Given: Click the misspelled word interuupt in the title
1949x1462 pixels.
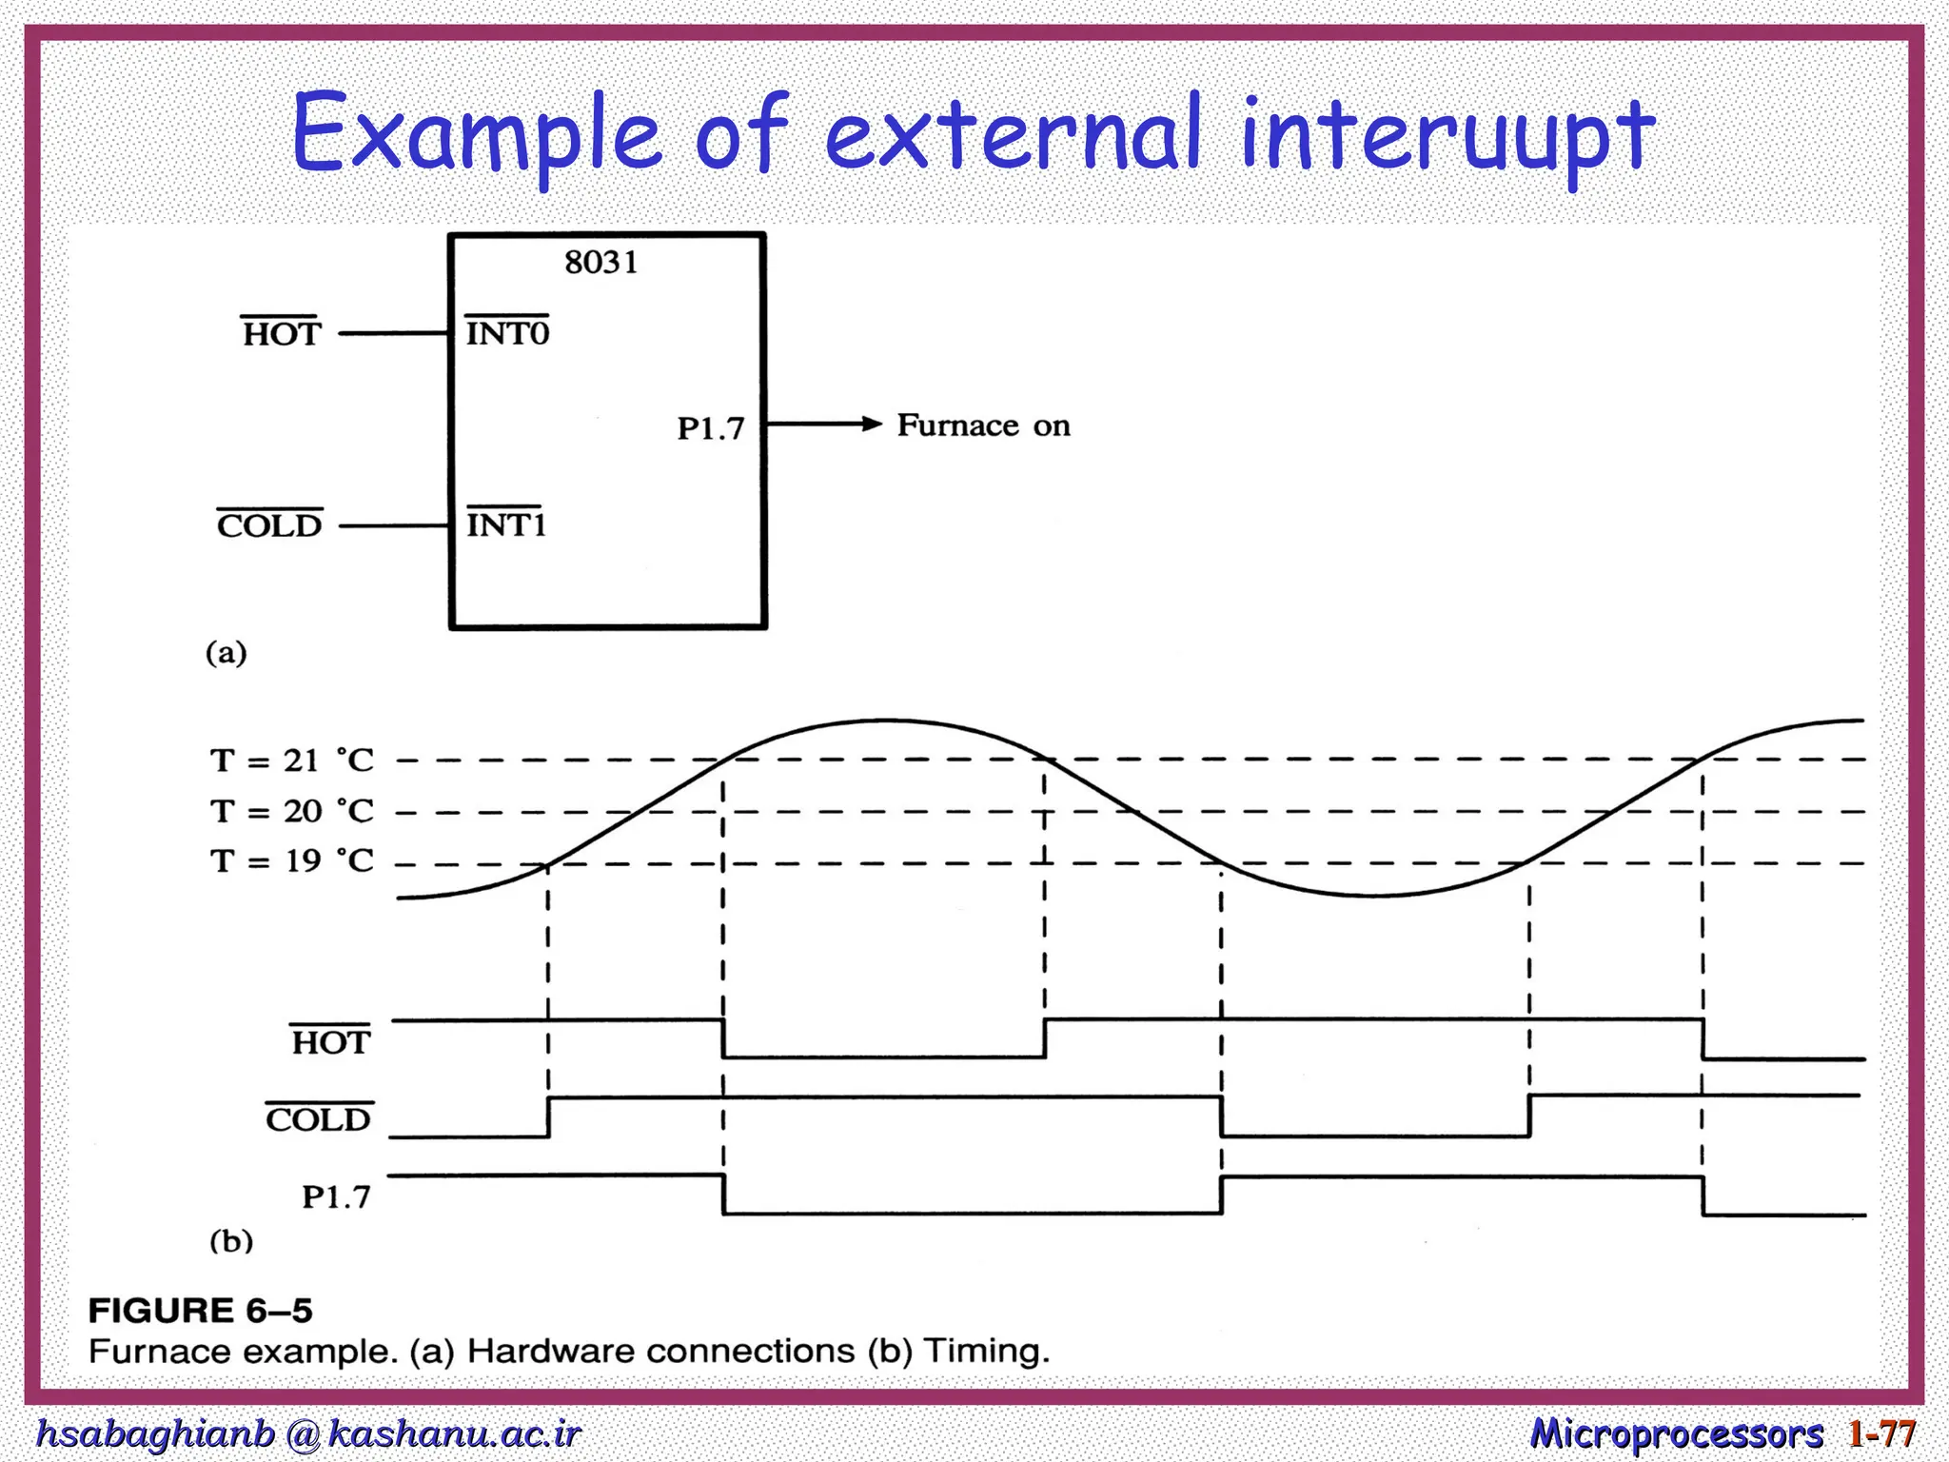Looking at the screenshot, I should [x=1447, y=135].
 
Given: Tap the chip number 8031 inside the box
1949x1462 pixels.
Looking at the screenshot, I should [x=600, y=262].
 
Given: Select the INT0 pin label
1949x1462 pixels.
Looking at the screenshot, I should [x=507, y=333].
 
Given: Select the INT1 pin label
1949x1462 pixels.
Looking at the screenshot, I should [x=505, y=524].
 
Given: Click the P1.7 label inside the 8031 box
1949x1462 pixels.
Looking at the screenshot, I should [x=710, y=428].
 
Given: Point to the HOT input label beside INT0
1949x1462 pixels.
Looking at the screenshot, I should [x=282, y=334].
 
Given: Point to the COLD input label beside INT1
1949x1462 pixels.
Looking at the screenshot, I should [x=269, y=525].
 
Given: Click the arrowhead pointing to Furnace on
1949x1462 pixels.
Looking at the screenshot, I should [x=871, y=424].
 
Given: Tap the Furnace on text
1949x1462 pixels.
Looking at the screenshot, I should [x=983, y=425].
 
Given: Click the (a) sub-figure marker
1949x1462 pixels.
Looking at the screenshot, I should [x=226, y=653].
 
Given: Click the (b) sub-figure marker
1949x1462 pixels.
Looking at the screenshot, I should [x=231, y=1241].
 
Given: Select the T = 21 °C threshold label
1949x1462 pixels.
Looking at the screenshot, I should [x=291, y=760].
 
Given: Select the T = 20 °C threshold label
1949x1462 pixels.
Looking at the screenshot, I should [x=291, y=811].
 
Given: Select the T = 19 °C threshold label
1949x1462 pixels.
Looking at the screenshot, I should [x=291, y=860].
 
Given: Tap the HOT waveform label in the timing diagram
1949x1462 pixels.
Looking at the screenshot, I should [x=329, y=1042].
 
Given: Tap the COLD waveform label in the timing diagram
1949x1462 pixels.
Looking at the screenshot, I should [x=318, y=1119].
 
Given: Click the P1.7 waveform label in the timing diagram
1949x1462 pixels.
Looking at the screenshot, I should [x=336, y=1196].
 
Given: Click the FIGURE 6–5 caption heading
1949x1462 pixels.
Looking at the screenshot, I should [x=200, y=1311].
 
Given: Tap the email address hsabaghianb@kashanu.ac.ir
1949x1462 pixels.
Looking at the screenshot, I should [x=307, y=1432].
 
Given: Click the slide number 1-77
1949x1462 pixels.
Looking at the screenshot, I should [x=1881, y=1432].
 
